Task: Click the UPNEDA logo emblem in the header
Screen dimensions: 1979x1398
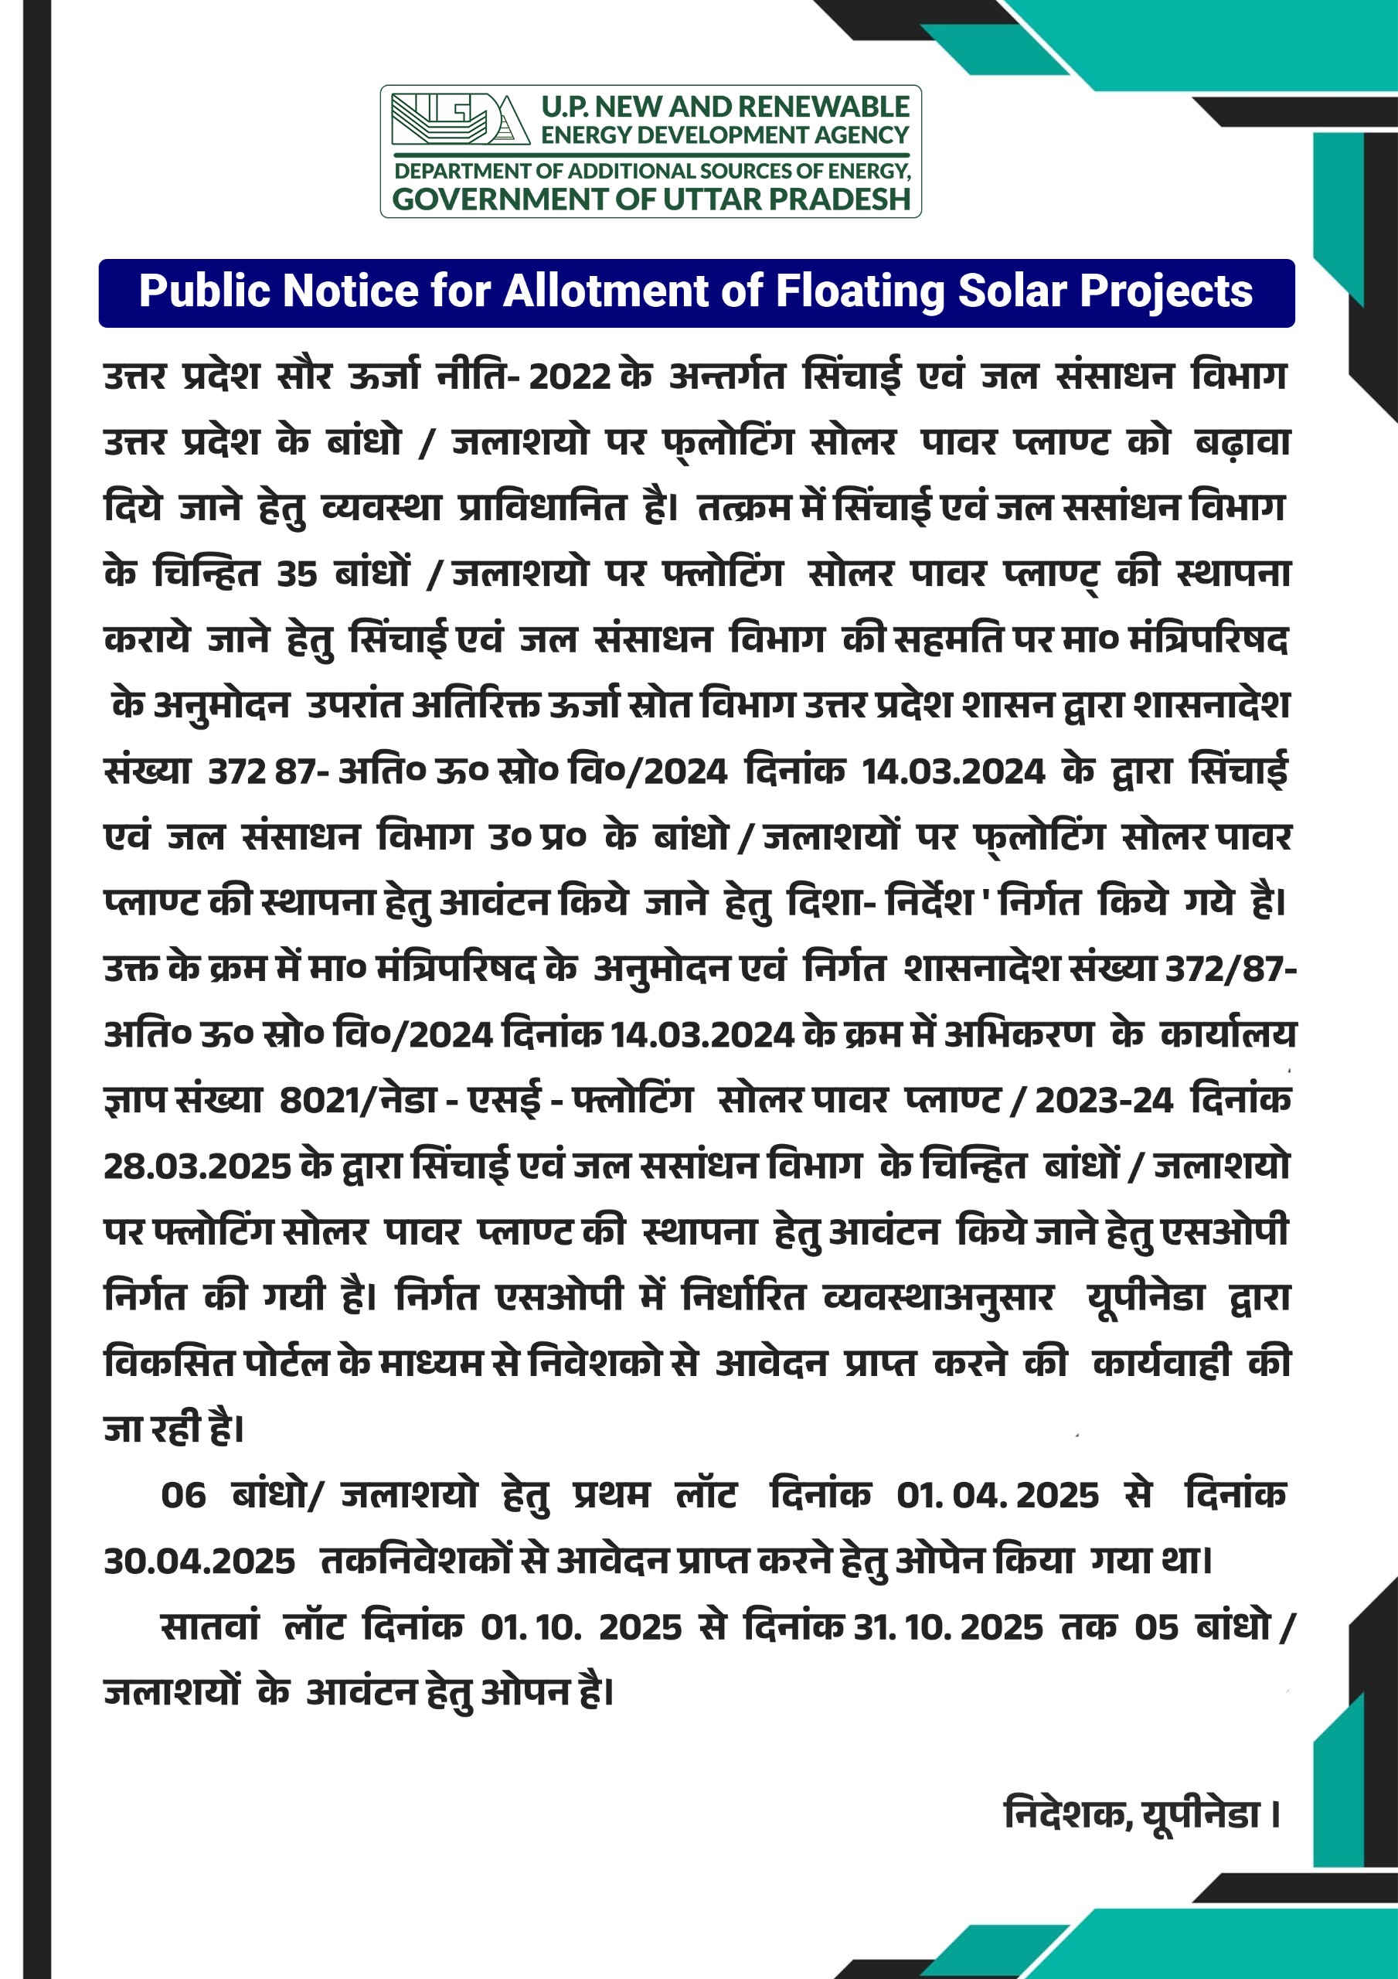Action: pos(459,119)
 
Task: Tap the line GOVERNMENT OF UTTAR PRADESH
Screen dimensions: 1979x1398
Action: pos(651,199)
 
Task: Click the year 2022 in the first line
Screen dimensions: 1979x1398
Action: pos(570,377)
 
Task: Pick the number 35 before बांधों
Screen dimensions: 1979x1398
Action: pos(297,575)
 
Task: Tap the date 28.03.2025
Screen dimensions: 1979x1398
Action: pos(197,1167)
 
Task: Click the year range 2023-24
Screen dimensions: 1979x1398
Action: pos(1104,1102)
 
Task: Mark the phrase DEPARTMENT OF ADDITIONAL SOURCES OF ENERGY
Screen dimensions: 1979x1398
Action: pos(651,171)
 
